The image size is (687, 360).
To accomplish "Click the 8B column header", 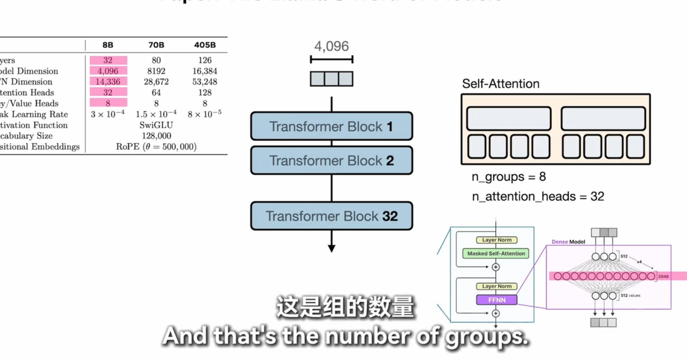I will (x=108, y=45).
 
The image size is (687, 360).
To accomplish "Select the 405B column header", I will (x=204, y=45).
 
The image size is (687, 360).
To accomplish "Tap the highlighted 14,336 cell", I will (x=108, y=82).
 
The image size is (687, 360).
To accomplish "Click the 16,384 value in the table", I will (x=204, y=71).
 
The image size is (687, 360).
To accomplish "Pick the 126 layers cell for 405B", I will (x=204, y=60).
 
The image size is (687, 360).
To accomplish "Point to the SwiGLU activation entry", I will (x=156, y=125).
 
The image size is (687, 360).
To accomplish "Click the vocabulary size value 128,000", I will (x=156, y=136).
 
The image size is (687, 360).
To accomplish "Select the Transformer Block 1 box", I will (x=331, y=126).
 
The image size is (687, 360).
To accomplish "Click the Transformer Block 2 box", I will (x=331, y=160).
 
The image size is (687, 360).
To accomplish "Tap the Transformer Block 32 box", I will (x=331, y=216).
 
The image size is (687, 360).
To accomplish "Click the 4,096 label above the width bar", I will (x=331, y=46).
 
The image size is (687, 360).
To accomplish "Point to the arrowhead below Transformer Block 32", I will (x=331, y=248).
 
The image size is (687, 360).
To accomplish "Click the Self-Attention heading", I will (x=500, y=84).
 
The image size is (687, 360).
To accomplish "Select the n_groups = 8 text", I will (x=509, y=177).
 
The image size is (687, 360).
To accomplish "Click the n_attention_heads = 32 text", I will (x=538, y=197).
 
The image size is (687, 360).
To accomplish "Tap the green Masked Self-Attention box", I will (x=496, y=254).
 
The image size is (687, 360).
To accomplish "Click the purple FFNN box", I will (x=496, y=300).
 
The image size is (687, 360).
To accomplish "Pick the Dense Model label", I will (x=568, y=242).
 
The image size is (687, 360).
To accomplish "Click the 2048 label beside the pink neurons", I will (x=663, y=277).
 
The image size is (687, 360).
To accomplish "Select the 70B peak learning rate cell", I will (x=156, y=114).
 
